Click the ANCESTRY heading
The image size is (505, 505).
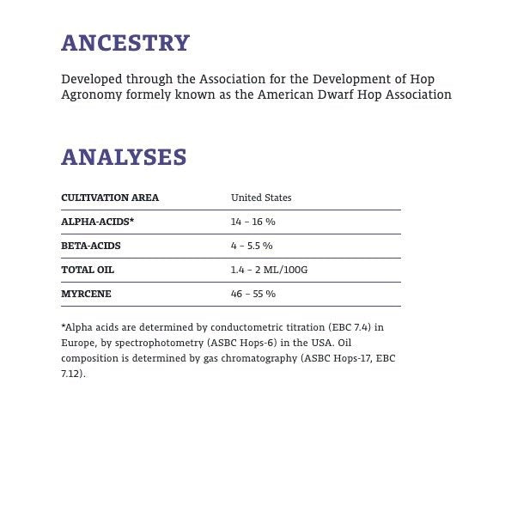(x=125, y=43)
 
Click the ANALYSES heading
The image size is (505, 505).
(x=124, y=157)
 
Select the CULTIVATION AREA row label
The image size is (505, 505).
(x=110, y=198)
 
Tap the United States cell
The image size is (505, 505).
(x=261, y=198)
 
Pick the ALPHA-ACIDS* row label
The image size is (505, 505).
(x=97, y=222)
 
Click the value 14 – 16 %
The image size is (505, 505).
(x=252, y=222)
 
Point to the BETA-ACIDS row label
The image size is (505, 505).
(x=91, y=246)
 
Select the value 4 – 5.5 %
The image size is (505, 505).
(x=252, y=246)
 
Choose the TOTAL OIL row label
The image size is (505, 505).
(x=88, y=270)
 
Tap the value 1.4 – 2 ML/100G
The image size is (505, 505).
(x=269, y=270)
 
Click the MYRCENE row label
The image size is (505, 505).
(x=86, y=294)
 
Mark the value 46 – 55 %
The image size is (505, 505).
(x=252, y=294)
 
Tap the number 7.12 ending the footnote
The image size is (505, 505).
(x=71, y=374)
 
